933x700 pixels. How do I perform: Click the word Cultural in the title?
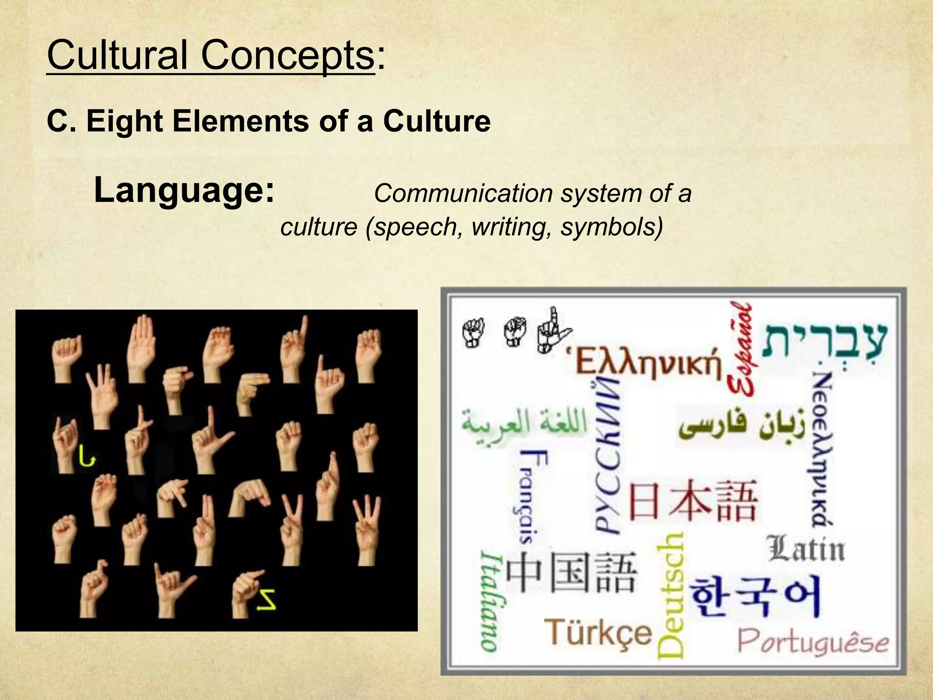[117, 55]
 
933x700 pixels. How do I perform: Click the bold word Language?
[184, 190]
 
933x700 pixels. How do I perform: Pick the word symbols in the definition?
[611, 227]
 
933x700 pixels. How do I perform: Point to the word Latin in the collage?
[805, 549]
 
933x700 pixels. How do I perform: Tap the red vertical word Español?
[741, 349]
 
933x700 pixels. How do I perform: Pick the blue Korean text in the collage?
[755, 596]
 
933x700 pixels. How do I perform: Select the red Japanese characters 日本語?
[693, 501]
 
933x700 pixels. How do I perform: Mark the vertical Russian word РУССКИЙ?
[607, 456]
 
